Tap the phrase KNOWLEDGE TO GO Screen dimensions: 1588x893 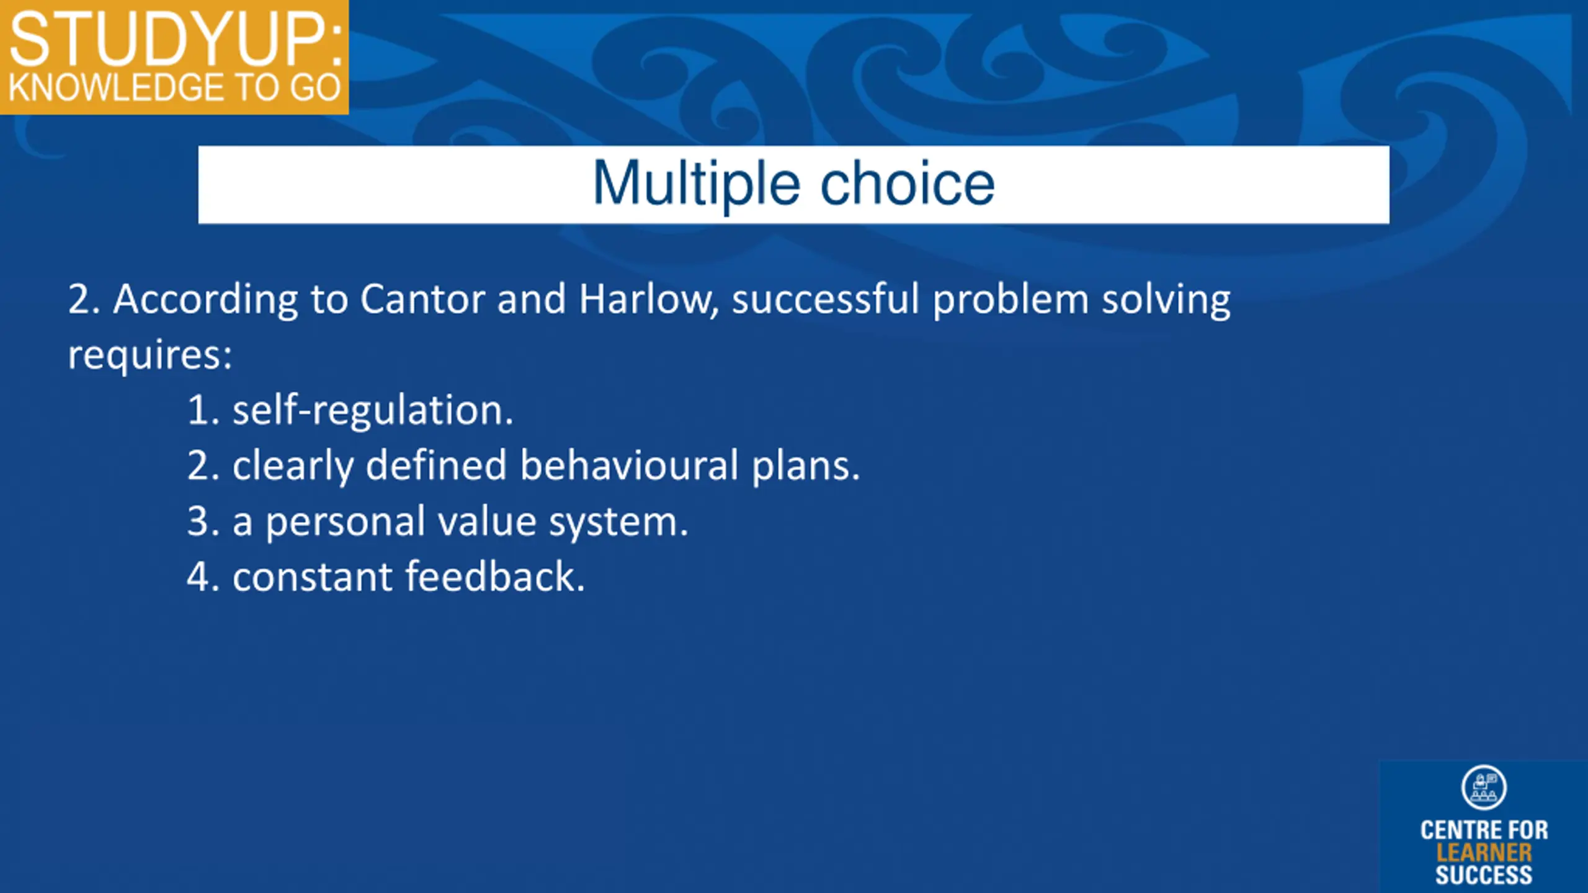click(174, 87)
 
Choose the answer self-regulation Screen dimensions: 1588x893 click(373, 411)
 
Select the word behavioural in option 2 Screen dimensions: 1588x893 click(629, 465)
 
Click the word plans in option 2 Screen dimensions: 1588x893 click(806, 466)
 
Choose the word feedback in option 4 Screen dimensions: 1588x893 click(495, 576)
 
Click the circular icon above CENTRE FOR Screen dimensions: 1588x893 click(1483, 788)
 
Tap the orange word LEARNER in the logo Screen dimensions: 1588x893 click(1484, 853)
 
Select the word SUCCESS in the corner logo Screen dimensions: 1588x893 click(1484, 875)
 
